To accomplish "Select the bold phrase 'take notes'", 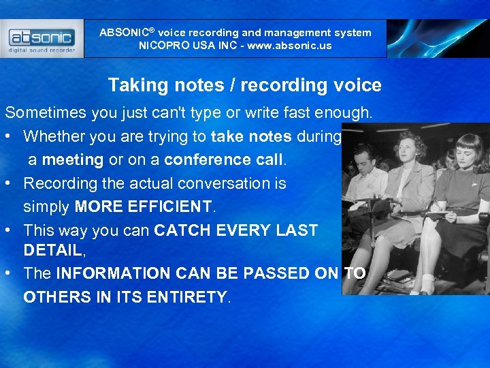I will click(252, 136).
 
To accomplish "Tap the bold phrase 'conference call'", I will click(225, 159).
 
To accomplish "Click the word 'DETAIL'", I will click(52, 250).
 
